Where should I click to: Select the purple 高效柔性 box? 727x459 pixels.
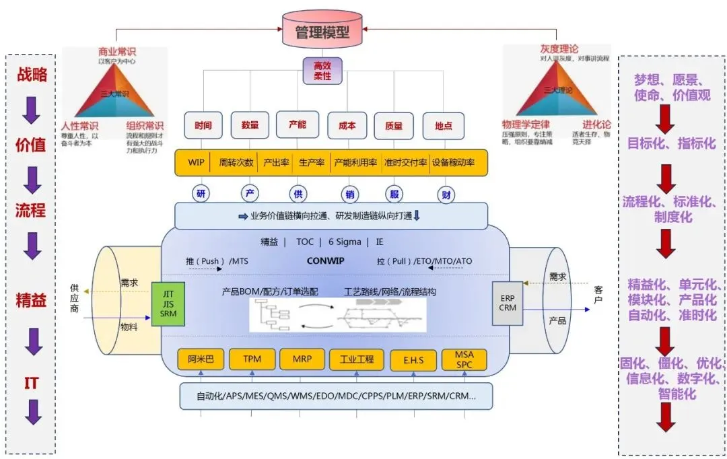coord(322,71)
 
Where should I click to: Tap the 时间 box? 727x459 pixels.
coord(203,126)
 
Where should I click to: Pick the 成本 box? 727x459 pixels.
coord(347,126)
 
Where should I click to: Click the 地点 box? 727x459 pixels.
coord(443,126)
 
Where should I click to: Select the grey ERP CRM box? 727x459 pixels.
coord(508,304)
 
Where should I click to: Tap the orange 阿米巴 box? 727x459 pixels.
coord(201,359)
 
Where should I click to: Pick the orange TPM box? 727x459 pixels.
coord(251,359)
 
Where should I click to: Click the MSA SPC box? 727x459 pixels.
coord(464,359)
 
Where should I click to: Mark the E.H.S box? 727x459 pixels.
coord(413,360)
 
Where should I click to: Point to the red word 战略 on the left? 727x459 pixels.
coord(32,75)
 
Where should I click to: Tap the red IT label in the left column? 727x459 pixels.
coord(31,384)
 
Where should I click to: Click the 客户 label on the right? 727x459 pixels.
coord(598,294)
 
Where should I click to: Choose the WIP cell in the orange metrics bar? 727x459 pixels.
coord(196,163)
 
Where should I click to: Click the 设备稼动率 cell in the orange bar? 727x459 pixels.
coord(453,163)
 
